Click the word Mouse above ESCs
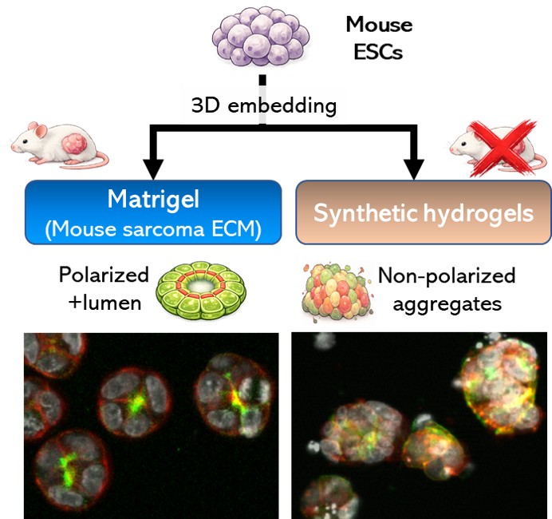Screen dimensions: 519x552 pyautogui.click(x=378, y=25)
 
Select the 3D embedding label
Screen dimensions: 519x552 pyautogui.click(x=264, y=105)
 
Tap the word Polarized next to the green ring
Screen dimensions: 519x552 pyautogui.click(x=104, y=275)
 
